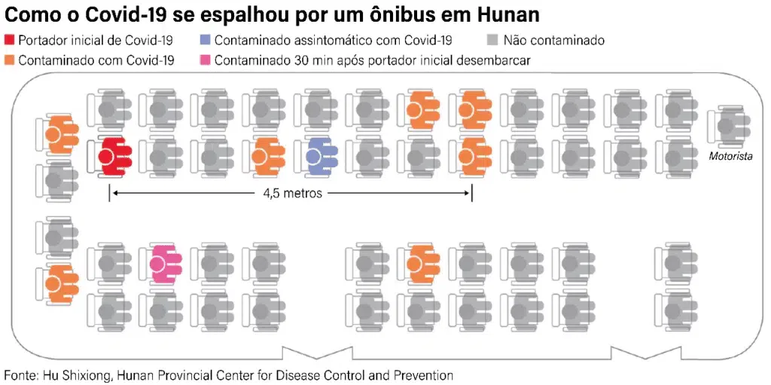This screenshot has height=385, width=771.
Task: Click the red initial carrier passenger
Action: (x=113, y=156)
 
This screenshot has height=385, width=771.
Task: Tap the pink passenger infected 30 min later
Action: (x=163, y=264)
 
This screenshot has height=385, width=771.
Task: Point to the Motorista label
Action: (x=730, y=157)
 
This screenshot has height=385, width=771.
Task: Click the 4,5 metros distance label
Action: (x=292, y=194)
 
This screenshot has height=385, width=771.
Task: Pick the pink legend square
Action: (x=206, y=60)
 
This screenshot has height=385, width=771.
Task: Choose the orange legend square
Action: (x=10, y=60)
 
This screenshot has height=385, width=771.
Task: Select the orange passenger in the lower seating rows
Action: (x=419, y=264)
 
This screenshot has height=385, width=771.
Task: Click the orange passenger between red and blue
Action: (x=264, y=156)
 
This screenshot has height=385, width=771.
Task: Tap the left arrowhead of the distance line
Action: (x=114, y=194)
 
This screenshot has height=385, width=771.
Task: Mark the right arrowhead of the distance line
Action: (x=468, y=194)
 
